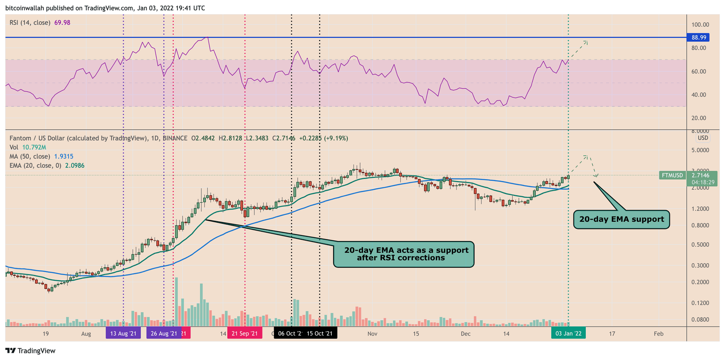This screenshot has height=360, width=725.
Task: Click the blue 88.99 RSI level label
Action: point(704,37)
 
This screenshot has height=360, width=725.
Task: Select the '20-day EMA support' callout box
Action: point(621,219)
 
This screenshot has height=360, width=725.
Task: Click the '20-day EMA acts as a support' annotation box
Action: point(404,254)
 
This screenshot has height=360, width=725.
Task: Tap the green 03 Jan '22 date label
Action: point(568,334)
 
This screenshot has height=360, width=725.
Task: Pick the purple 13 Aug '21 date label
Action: point(123,334)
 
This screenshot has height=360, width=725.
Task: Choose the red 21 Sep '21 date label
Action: point(244,334)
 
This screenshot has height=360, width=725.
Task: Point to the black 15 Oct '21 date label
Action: point(320,334)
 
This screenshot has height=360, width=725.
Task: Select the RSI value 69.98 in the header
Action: point(60,22)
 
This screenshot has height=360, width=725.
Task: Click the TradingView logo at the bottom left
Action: point(30,351)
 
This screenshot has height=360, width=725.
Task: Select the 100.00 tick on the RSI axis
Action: point(705,25)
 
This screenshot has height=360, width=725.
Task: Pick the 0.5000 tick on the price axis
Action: point(706,244)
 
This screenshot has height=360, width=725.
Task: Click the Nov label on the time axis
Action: point(372,334)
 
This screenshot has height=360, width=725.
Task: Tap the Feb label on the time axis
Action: point(658,334)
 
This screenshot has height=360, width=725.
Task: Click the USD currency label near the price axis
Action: point(703,138)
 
